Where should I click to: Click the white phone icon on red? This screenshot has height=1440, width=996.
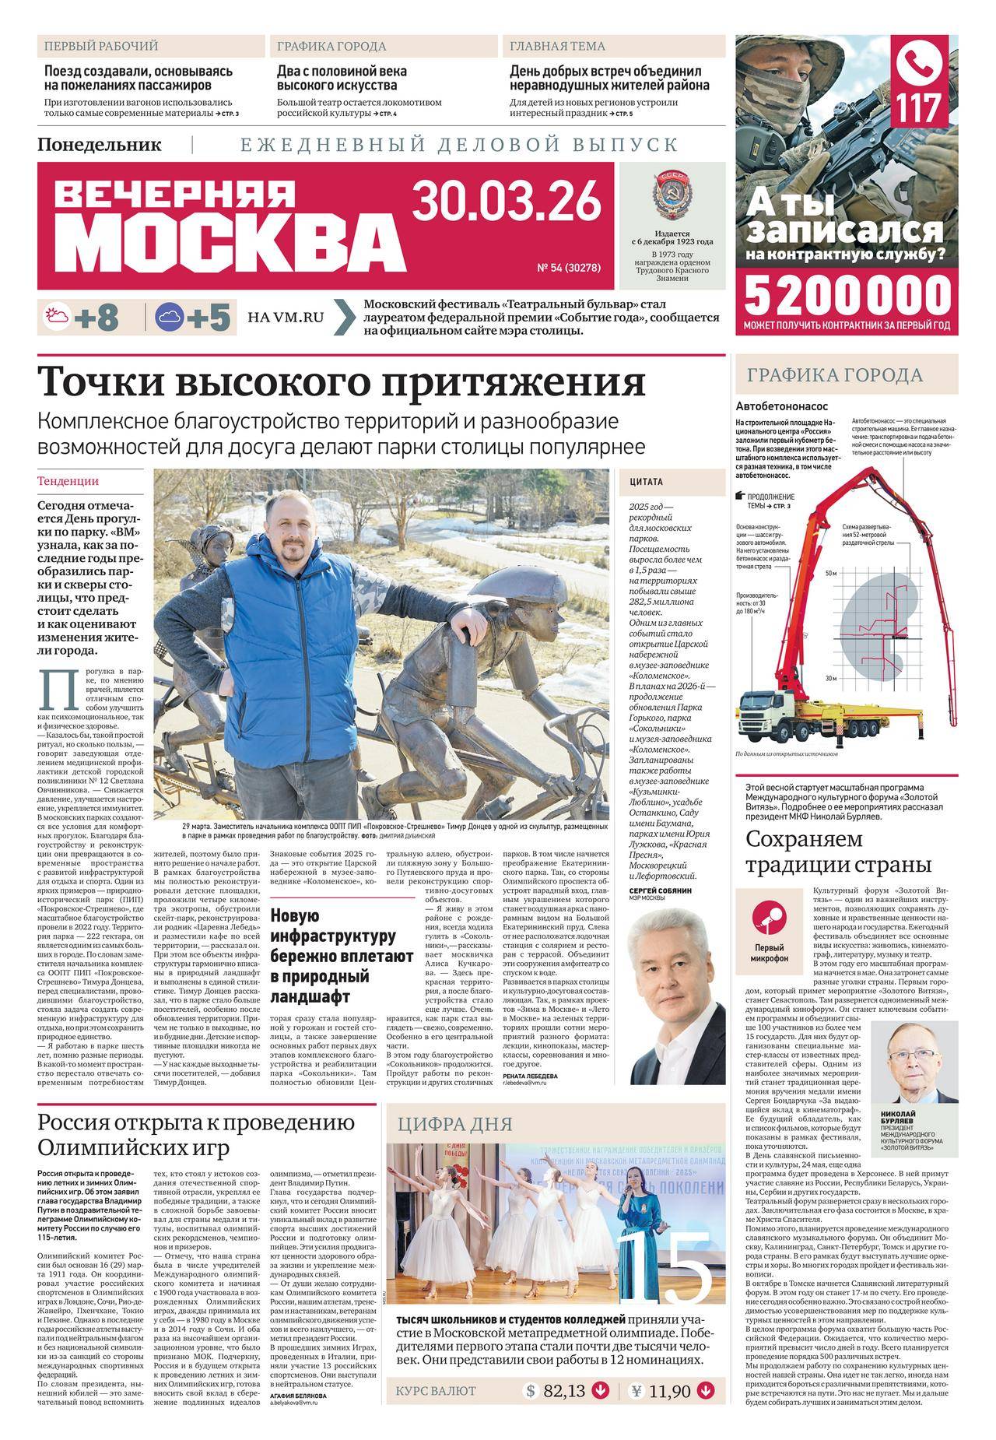pyautogui.click(x=923, y=64)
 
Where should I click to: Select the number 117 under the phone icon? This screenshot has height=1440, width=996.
pyautogui.click(x=923, y=107)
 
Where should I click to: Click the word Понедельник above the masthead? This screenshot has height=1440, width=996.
pyautogui.click(x=99, y=145)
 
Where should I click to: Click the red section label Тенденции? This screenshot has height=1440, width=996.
pyautogui.click(x=68, y=481)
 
